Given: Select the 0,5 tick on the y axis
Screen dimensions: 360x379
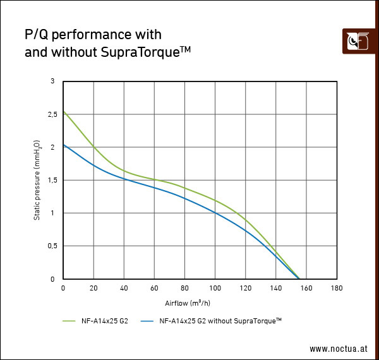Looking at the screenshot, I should pyautogui.click(x=54, y=246).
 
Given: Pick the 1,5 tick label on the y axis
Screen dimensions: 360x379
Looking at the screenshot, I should pyautogui.click(x=54, y=180).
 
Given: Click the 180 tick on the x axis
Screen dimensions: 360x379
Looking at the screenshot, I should pyautogui.click(x=337, y=288).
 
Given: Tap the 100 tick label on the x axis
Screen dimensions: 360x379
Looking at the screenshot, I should pyautogui.click(x=215, y=288).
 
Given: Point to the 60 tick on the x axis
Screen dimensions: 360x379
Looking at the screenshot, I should pyautogui.click(x=154, y=288).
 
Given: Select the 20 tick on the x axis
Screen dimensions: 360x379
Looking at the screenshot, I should pyautogui.click(x=93, y=288).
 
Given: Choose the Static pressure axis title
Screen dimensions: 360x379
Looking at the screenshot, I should pyautogui.click(x=38, y=180).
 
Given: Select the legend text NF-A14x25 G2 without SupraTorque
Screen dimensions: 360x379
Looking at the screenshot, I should pyautogui.click(x=220, y=321).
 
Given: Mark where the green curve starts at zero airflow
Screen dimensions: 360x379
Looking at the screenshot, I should pyautogui.click(x=63, y=111).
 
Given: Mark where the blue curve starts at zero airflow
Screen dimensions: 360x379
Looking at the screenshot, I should pyautogui.click(x=63, y=145).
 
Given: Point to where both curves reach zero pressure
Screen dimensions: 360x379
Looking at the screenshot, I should pyautogui.click(x=299, y=279).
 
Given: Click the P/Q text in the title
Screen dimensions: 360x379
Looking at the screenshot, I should pyautogui.click(x=37, y=34).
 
